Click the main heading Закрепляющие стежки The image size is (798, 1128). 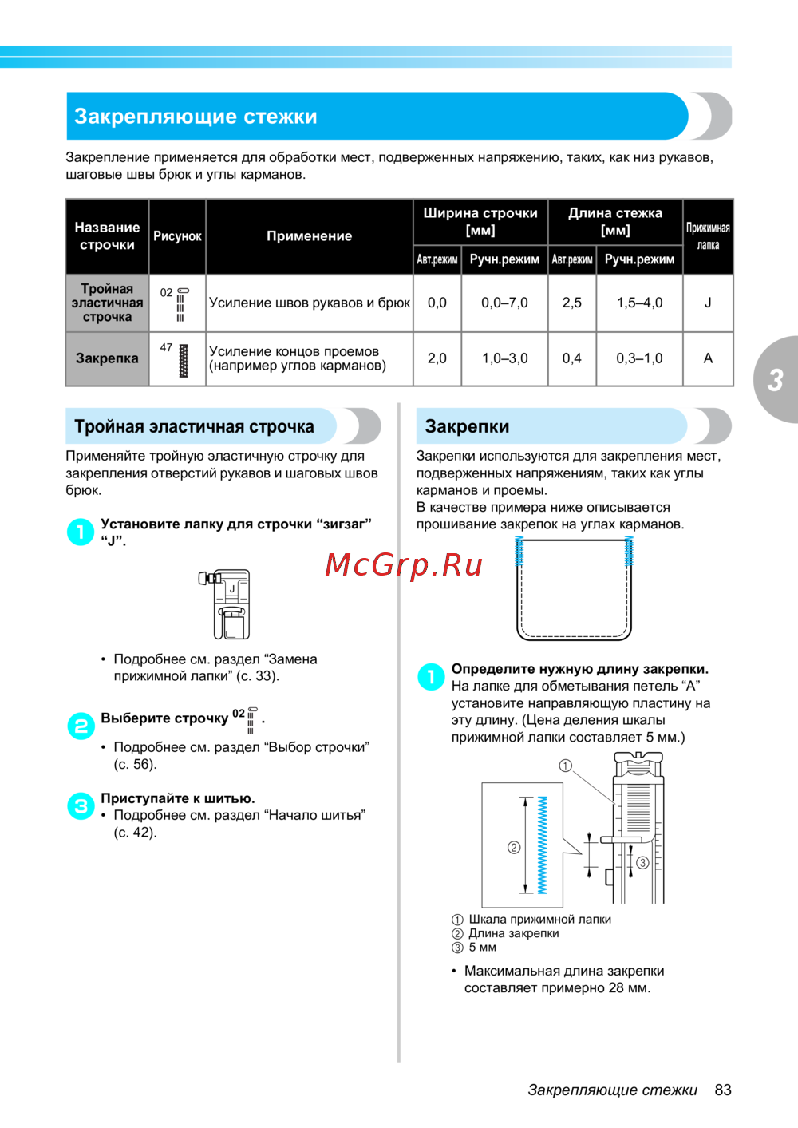click(196, 117)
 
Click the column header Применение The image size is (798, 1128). click(309, 236)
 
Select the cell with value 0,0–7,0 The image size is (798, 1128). click(504, 303)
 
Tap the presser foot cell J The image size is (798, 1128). click(708, 303)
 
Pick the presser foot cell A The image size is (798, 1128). click(708, 358)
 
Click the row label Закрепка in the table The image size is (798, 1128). click(107, 358)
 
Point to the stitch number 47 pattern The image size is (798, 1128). click(183, 360)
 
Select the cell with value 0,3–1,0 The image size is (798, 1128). click(639, 358)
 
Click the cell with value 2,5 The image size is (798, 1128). click(572, 303)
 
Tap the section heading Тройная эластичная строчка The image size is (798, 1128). click(194, 426)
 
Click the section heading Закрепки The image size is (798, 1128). click(467, 426)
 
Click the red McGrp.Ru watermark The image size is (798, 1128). click(404, 565)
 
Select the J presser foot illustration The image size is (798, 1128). click(227, 604)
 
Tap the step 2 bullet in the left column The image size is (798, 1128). click(81, 726)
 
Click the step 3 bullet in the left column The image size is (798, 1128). click(81, 806)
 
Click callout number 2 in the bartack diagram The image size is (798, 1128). click(514, 847)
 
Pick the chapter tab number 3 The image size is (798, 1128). click(775, 380)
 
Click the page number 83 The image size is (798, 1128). click(723, 1090)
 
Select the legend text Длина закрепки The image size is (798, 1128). click(513, 933)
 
